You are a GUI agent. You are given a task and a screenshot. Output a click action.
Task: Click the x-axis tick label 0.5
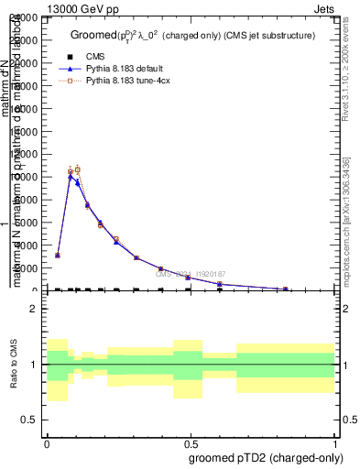coord(191,443)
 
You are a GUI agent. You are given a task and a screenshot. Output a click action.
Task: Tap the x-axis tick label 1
coord(335,443)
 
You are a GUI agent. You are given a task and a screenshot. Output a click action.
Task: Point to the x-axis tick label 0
coord(47,443)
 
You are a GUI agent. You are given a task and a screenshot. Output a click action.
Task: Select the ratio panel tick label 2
coord(35,310)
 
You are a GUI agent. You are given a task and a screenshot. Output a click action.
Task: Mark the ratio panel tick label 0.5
coord(31,420)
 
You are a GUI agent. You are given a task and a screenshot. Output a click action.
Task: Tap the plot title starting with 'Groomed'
coord(192,35)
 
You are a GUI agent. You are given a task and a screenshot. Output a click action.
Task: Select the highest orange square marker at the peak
coord(77,169)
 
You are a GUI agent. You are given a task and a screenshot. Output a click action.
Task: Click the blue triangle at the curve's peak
coord(71,176)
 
